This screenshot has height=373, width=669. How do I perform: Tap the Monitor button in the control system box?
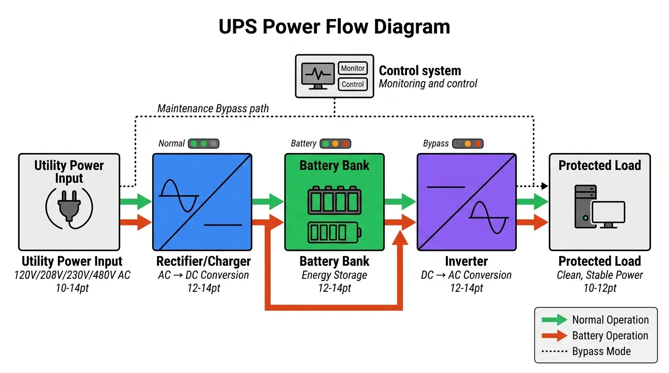pyautogui.click(x=352, y=68)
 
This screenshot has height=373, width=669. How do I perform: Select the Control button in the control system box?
pyautogui.click(x=352, y=84)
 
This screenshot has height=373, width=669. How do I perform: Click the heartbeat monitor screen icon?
pyautogui.click(x=317, y=76)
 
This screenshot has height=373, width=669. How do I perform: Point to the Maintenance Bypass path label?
pyautogui.click(x=213, y=108)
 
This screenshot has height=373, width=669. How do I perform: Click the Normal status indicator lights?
pyautogui.click(x=204, y=144)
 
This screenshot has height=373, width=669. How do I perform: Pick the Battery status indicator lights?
pyautogui.click(x=335, y=144)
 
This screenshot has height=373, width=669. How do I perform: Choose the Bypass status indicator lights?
pyautogui.click(x=468, y=144)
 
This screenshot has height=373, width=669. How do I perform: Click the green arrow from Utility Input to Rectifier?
pyautogui.click(x=136, y=201)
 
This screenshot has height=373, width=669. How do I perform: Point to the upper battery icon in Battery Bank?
pyautogui.click(x=334, y=201)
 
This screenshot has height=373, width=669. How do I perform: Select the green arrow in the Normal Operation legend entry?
pyautogui.click(x=554, y=320)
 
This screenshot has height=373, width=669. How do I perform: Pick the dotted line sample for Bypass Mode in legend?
pyautogui.click(x=554, y=352)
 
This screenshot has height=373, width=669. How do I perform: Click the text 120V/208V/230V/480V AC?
pyautogui.click(x=72, y=275)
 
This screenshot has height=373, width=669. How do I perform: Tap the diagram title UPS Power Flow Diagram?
pyautogui.click(x=334, y=27)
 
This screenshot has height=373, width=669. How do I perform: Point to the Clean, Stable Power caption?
pyautogui.click(x=599, y=275)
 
